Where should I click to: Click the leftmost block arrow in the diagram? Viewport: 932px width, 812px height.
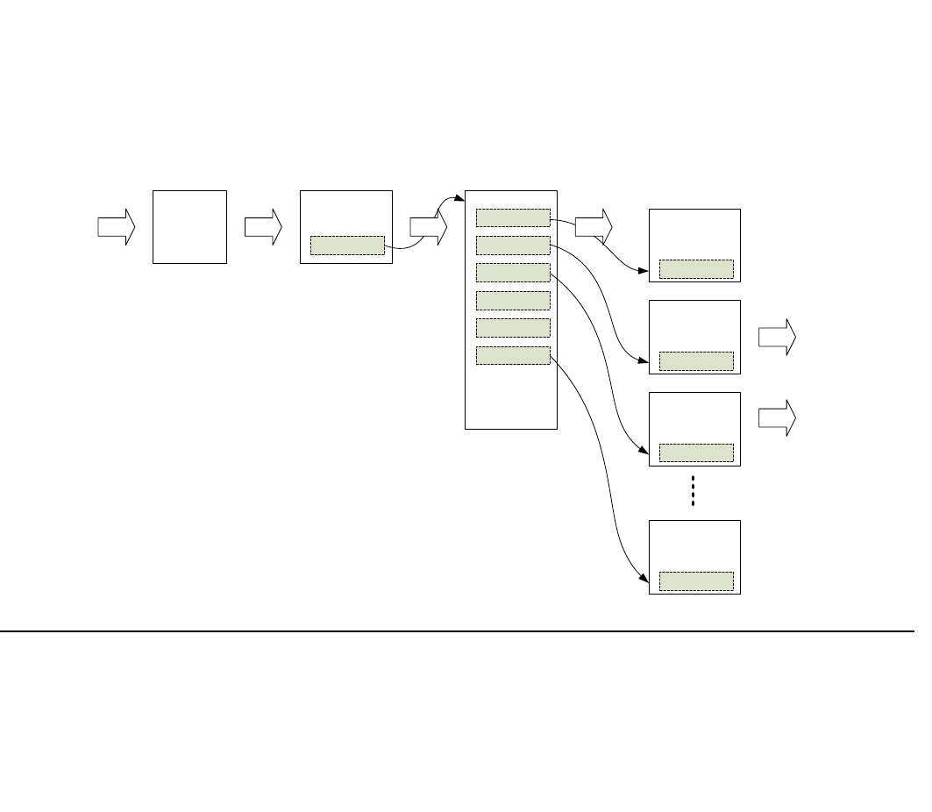tap(116, 227)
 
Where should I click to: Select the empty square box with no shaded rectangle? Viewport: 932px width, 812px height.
tap(189, 226)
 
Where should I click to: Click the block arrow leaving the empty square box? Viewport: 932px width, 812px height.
tap(263, 227)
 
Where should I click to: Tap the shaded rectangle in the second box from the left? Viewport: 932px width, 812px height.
tap(347, 246)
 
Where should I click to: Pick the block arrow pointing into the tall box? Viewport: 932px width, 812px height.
tap(428, 227)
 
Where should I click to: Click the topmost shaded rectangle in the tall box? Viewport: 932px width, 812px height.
tap(513, 218)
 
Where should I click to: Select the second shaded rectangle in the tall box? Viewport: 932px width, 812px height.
tap(513, 246)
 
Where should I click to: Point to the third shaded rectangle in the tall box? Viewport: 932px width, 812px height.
tap(513, 273)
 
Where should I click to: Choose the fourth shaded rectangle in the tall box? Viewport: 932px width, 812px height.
tap(513, 301)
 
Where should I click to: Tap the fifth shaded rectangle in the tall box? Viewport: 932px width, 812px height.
tap(513, 328)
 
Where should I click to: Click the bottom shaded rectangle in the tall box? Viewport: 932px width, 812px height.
tap(513, 355)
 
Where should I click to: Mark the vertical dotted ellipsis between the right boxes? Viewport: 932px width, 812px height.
tap(693, 491)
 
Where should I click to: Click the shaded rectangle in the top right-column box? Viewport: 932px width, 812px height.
tap(696, 269)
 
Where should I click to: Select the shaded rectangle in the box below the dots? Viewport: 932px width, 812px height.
tap(696, 581)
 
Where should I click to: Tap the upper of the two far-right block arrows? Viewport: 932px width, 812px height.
tap(777, 338)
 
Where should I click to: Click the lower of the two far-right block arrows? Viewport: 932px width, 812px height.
tap(777, 418)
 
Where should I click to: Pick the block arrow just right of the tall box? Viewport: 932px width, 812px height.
tap(594, 227)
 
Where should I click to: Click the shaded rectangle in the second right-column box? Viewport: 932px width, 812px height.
tap(696, 361)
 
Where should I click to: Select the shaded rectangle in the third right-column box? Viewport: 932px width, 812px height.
tap(696, 452)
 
